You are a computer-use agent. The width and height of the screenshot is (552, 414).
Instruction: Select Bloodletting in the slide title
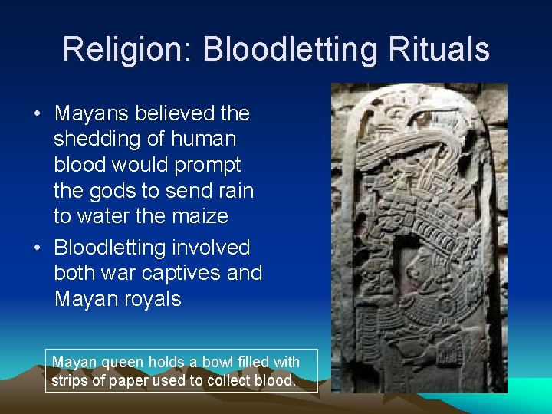point(292,50)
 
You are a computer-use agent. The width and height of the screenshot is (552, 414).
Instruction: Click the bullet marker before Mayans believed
point(38,114)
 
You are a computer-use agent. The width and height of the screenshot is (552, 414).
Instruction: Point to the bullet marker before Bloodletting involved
point(38,248)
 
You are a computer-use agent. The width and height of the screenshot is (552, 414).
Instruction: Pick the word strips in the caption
point(69,379)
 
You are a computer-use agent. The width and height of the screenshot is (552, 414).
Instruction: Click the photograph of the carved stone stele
point(419,238)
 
